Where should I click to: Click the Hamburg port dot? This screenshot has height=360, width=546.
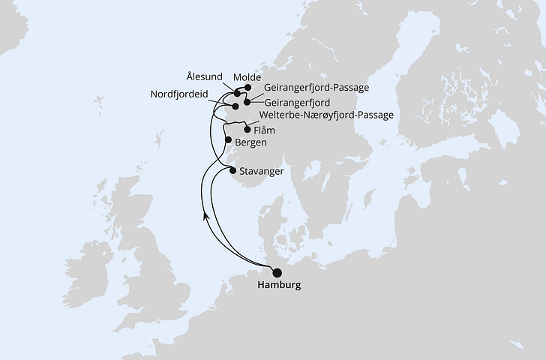277,273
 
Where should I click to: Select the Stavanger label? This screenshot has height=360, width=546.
262,172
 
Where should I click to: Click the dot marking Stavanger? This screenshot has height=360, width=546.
233,170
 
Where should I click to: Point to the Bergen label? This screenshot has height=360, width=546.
250,142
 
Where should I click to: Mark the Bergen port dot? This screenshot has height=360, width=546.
228,139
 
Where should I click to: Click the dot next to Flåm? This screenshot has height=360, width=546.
247,129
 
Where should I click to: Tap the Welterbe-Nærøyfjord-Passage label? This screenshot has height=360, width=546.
325,115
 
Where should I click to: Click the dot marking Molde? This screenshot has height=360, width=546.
247,87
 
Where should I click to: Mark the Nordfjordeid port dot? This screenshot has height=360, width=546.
235,106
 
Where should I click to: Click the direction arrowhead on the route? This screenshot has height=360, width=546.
205,216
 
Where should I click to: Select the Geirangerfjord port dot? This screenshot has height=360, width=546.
246,100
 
